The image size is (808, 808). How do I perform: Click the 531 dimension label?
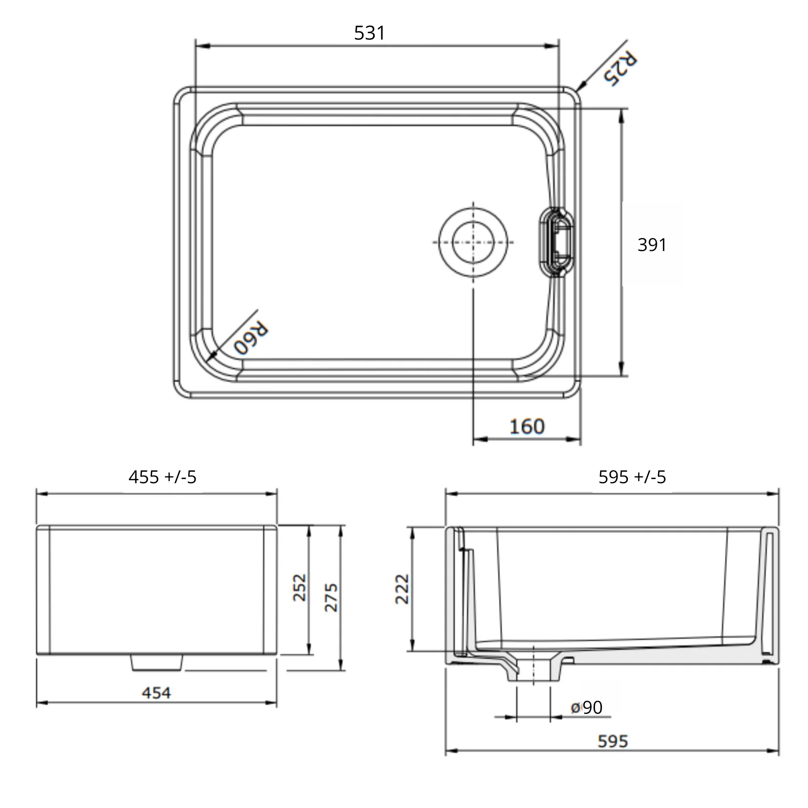coord(369,33)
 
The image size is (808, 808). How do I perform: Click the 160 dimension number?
coord(527,427)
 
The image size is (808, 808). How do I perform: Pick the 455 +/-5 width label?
coord(162,477)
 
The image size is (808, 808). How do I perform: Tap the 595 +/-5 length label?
coord(632,477)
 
